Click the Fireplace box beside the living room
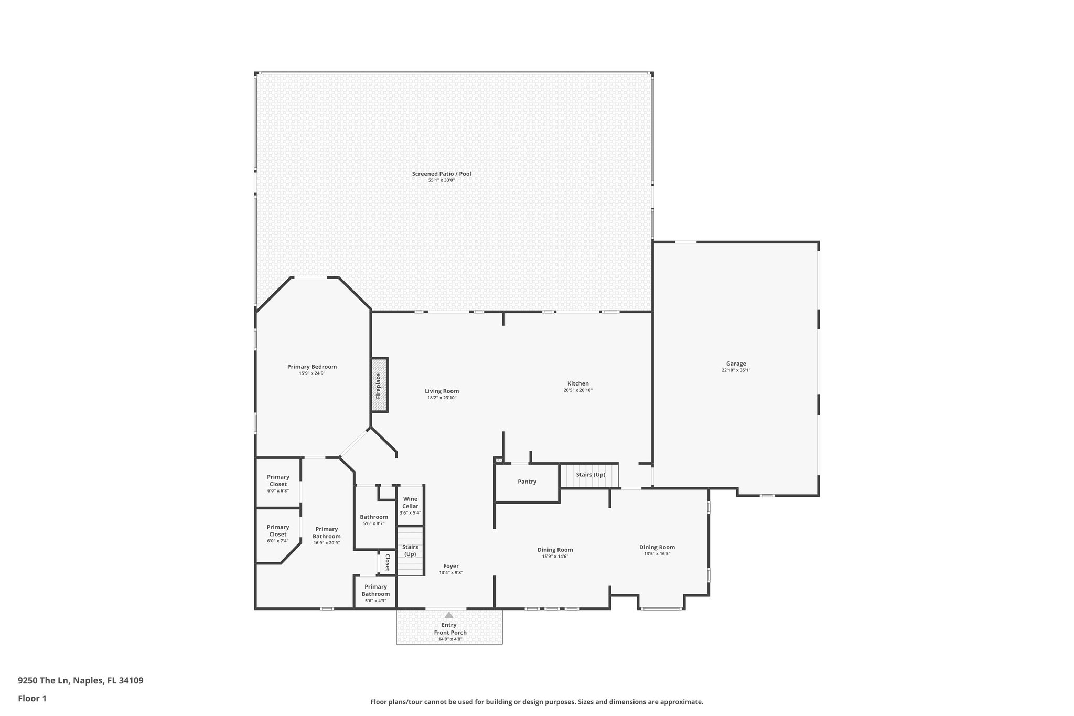(x=379, y=386)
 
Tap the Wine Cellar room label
(x=410, y=503)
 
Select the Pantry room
(x=527, y=482)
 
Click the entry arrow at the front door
(x=449, y=615)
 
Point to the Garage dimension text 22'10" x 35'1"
(x=736, y=370)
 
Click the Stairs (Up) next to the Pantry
(x=590, y=475)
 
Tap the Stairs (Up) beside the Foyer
(x=410, y=551)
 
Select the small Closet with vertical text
(x=387, y=562)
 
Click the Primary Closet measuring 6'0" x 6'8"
(x=278, y=483)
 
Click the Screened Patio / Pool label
(x=441, y=174)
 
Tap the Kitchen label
(x=578, y=383)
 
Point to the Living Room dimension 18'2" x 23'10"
(x=442, y=398)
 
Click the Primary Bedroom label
(x=312, y=367)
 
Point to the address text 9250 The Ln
(x=80, y=681)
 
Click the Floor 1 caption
(x=33, y=698)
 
